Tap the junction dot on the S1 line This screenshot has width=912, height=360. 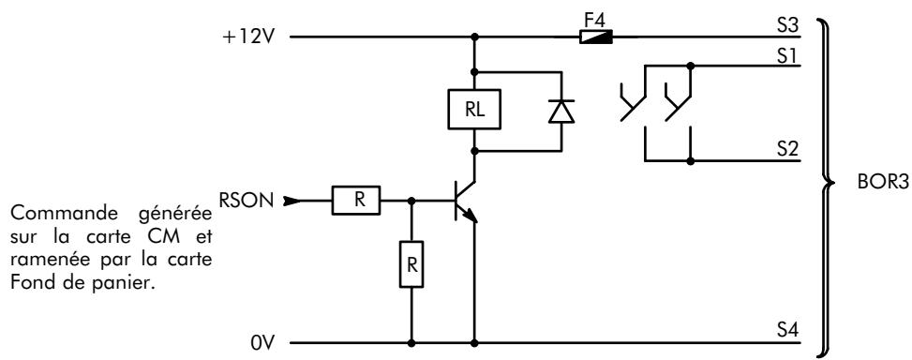pyautogui.click(x=691, y=65)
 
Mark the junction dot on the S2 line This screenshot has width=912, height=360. pyautogui.click(x=691, y=160)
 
